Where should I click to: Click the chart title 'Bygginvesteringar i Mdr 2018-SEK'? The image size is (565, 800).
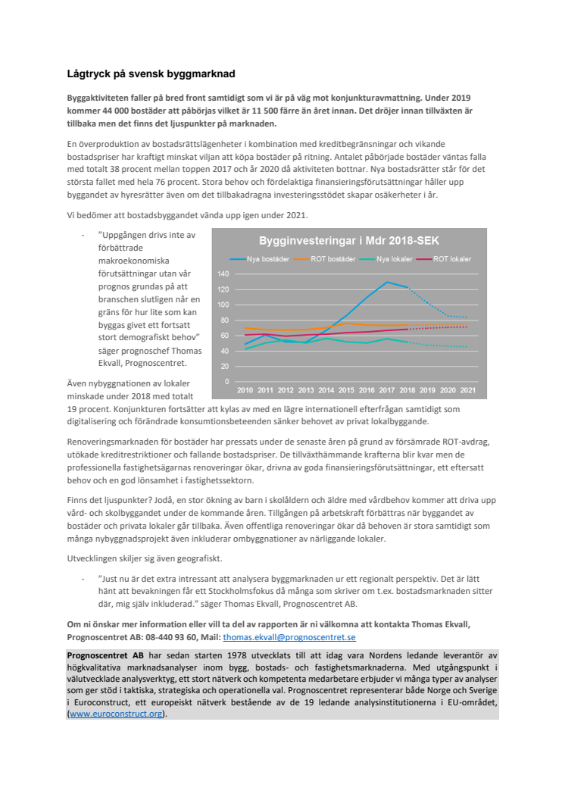coord(349,241)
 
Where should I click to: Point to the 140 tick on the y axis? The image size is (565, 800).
coord(223,273)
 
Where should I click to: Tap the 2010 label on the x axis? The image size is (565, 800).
coord(245,390)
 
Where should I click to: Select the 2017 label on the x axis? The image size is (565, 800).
coord(387,390)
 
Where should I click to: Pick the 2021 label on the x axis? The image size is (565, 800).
coord(468,390)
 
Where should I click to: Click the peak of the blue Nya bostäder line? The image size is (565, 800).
coord(387,282)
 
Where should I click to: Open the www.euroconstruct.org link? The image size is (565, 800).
coord(115,714)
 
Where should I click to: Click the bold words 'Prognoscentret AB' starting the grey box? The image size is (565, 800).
coord(104,654)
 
